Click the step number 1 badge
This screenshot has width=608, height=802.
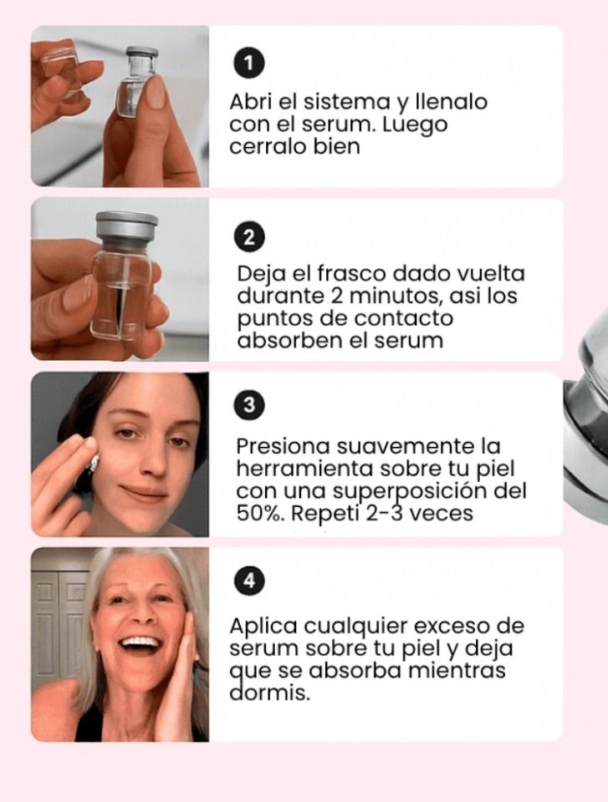point(248,63)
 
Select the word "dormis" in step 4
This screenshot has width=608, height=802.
point(267,693)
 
